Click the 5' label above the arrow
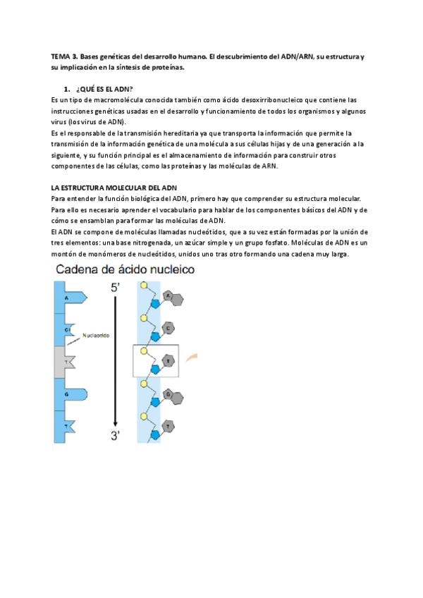click(x=116, y=288)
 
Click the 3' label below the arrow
click(x=116, y=436)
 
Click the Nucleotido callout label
click(x=96, y=336)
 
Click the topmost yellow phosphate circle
click(x=145, y=286)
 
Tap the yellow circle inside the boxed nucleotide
click(x=145, y=350)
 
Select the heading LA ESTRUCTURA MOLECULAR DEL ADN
click(x=114, y=188)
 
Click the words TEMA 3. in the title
click(x=65, y=56)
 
